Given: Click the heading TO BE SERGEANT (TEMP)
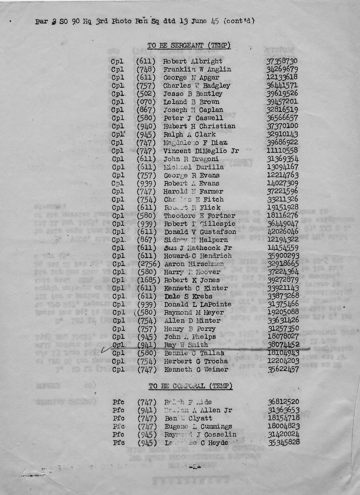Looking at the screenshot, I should click(x=189, y=46).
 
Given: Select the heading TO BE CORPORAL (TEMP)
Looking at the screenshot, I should click(x=191, y=386).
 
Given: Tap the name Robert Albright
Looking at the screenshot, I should click(x=193, y=61).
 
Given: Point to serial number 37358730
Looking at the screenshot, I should click(x=282, y=61).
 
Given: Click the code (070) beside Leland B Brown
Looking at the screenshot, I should click(x=146, y=102).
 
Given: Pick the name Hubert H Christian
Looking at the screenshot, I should click(x=199, y=126).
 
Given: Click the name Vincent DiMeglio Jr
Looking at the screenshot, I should click(x=201, y=151).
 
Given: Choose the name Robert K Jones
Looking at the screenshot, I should click(x=192, y=280).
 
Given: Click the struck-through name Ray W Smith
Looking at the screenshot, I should click(x=186, y=345).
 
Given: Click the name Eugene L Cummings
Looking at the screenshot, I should click(x=198, y=426).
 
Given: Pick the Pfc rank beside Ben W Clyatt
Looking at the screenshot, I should click(x=118, y=418).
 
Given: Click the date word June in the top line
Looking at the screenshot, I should click(x=199, y=22).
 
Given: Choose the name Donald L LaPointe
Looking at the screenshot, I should click(x=198, y=305).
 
